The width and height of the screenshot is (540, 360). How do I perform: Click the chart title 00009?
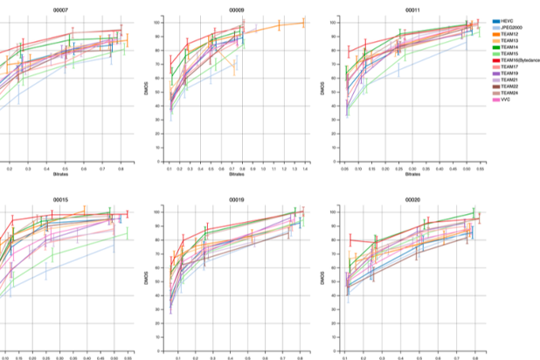pos(236,10)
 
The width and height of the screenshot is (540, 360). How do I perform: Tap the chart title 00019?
pos(236,199)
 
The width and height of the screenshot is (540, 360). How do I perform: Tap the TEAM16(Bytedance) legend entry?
pos(521,60)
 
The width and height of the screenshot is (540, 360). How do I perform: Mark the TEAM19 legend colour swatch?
pos(495,75)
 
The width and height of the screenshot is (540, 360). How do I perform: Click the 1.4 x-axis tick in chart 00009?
pos(306,170)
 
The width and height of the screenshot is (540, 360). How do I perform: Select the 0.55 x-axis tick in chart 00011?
pos(480,170)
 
